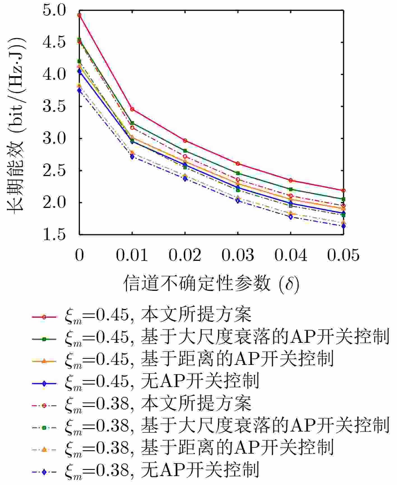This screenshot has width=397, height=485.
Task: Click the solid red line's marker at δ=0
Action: (80, 15)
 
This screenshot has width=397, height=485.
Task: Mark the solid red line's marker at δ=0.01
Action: (132, 109)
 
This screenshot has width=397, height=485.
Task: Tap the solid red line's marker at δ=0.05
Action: (343, 191)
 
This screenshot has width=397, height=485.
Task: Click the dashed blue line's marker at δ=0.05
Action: (343, 226)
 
